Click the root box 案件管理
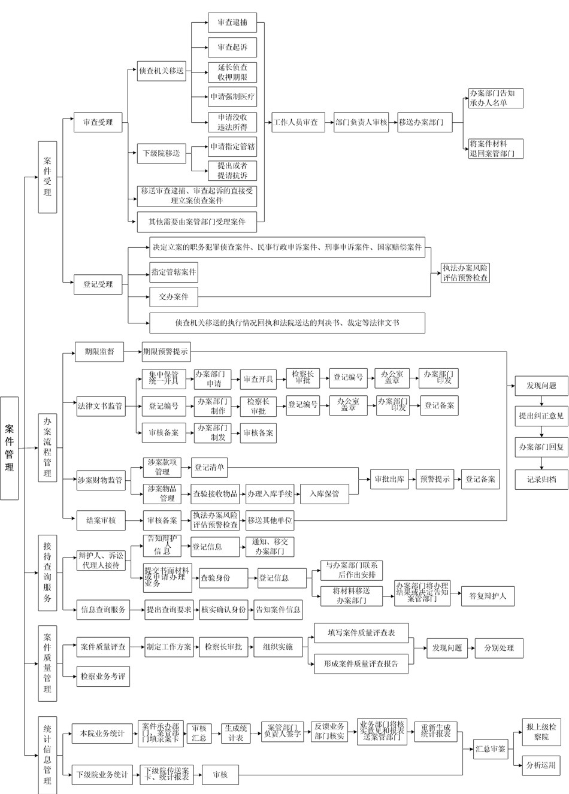10,447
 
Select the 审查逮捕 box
232,23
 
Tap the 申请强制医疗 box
232,96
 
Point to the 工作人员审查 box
296,122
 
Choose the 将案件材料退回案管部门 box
496,149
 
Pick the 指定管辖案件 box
173,272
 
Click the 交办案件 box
173,296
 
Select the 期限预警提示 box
165,351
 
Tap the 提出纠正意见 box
541,416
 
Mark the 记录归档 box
541,479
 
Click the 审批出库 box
389,479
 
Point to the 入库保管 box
324,494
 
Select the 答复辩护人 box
487,596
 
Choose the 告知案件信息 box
278,610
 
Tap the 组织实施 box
277,647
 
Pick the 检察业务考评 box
103,676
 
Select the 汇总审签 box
490,748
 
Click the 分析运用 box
541,765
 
